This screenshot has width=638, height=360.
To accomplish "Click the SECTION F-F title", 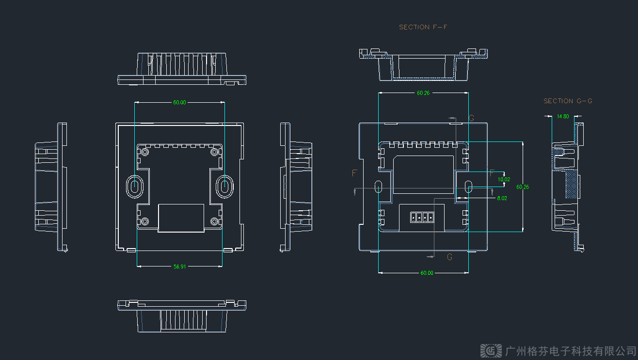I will click(x=423, y=27).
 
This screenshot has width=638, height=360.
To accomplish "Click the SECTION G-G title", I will click(x=568, y=101).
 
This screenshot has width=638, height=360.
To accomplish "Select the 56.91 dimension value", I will click(x=179, y=266).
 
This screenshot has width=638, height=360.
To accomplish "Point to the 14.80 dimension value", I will click(x=563, y=116).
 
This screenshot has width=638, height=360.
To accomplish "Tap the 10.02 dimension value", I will click(x=504, y=179).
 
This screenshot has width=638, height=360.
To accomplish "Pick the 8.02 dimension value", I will click(x=502, y=198).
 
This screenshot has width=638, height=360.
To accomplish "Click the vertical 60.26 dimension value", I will click(x=523, y=187).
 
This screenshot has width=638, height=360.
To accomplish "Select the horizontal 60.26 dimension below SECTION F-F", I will click(x=423, y=93).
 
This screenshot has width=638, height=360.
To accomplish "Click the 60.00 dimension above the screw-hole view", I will click(x=179, y=103).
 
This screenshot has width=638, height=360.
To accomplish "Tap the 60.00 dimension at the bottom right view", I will click(x=427, y=273).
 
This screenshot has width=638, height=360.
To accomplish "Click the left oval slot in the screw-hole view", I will click(x=134, y=186).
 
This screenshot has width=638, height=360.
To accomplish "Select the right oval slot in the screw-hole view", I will click(x=224, y=186).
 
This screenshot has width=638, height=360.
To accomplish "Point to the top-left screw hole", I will click(x=145, y=153).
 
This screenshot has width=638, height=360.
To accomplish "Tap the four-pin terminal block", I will click(x=420, y=218).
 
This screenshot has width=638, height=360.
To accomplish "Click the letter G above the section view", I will click(x=471, y=118).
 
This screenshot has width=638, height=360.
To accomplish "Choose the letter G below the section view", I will click(x=449, y=257).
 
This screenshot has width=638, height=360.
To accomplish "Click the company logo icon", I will click(x=491, y=350).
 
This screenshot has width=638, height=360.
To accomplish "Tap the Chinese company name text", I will click(x=570, y=350).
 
